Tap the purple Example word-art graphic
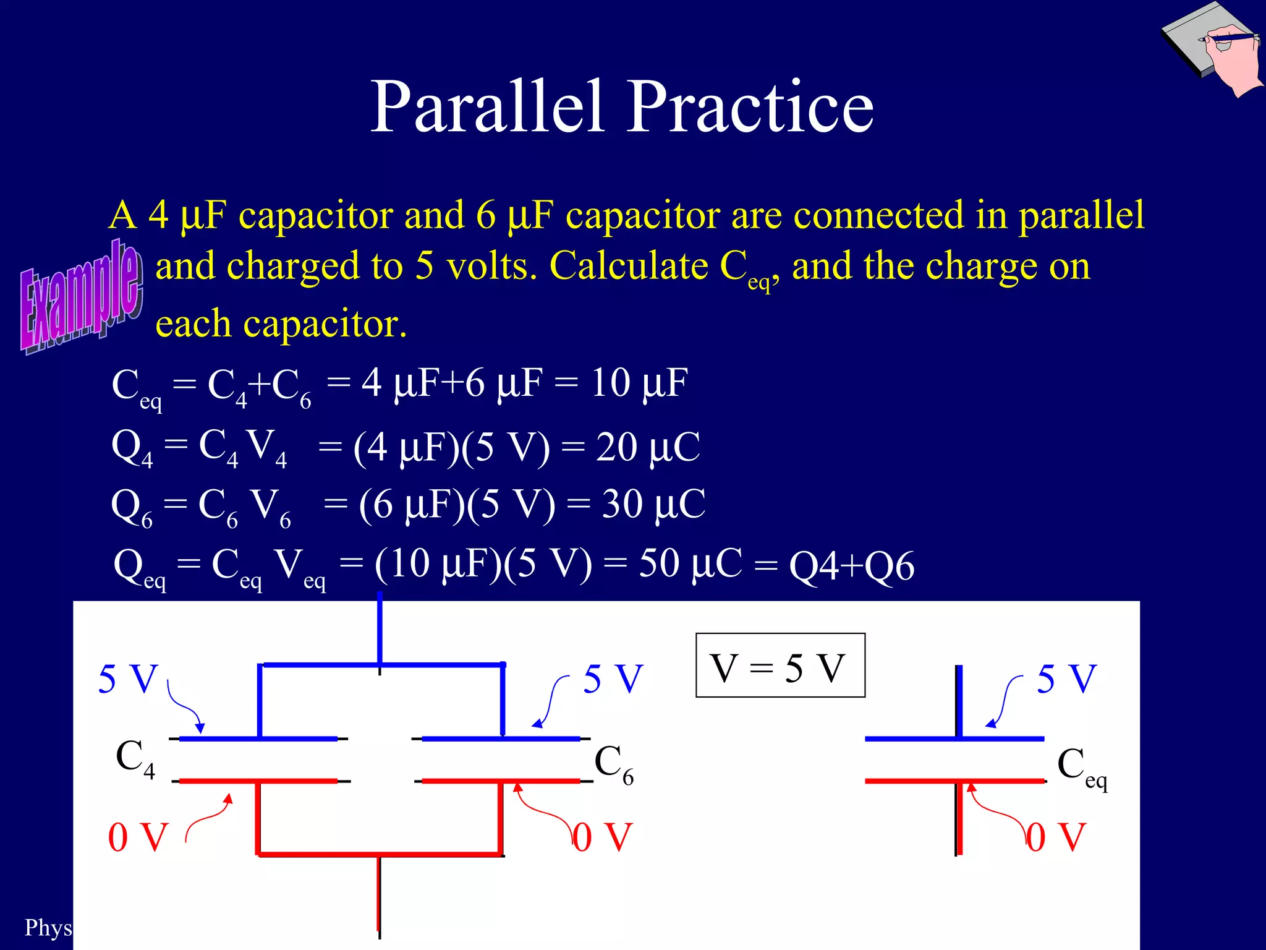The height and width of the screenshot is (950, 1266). click(x=80, y=297)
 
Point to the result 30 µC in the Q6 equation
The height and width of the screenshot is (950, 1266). click(x=653, y=504)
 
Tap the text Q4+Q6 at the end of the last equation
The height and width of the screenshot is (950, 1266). click(x=851, y=566)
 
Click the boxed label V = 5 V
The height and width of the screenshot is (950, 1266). click(x=780, y=667)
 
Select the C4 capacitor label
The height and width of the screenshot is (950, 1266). click(x=135, y=758)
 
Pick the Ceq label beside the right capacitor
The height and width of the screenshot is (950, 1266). click(x=1081, y=767)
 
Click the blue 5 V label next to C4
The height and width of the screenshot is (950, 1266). click(x=128, y=679)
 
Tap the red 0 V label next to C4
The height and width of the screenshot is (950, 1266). click(x=138, y=837)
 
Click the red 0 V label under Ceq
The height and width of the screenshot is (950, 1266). click(x=1056, y=837)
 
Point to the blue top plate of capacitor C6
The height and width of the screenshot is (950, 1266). click(x=501, y=738)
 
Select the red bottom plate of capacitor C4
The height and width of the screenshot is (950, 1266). click(x=258, y=781)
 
